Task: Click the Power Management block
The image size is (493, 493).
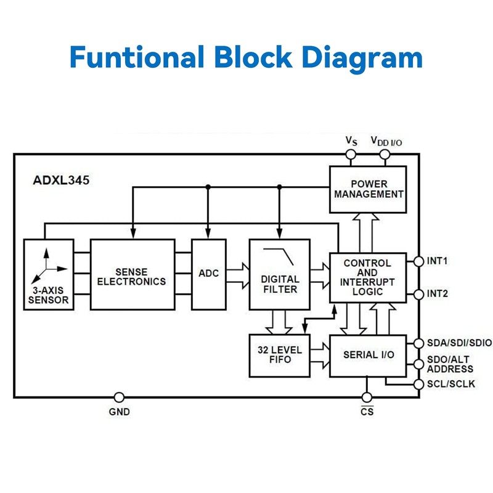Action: pyautogui.click(x=368, y=189)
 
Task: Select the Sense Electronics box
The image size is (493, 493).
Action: pyautogui.click(x=132, y=275)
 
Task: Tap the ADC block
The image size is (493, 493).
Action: pyautogui.click(x=209, y=274)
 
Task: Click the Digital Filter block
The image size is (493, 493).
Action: pyautogui.click(x=279, y=283)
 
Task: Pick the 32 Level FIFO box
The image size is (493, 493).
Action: pyautogui.click(x=279, y=356)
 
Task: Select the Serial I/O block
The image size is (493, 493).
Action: pyautogui.click(x=368, y=356)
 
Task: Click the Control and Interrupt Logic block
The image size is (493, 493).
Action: pyautogui.click(x=368, y=277)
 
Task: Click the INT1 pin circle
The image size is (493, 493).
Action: pyautogui.click(x=419, y=261)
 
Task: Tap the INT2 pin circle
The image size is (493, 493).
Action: pyautogui.click(x=419, y=294)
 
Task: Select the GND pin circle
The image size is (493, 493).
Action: pyautogui.click(x=120, y=397)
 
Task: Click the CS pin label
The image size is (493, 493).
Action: pyautogui.click(x=367, y=411)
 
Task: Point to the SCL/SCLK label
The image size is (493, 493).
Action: pyautogui.click(x=450, y=384)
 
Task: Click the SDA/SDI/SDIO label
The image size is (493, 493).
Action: pyautogui.click(x=459, y=343)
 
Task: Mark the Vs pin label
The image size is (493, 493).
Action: pyautogui.click(x=351, y=141)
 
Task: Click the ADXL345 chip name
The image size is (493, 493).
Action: pyautogui.click(x=60, y=181)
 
